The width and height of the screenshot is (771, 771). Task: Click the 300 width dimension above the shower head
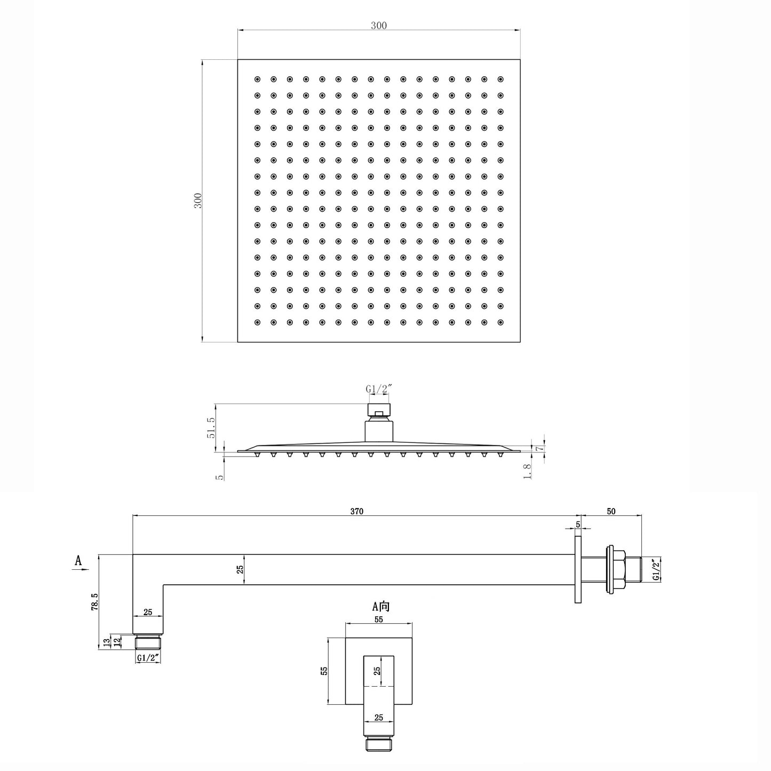coord(378,26)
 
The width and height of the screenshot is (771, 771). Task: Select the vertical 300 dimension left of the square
coord(198,201)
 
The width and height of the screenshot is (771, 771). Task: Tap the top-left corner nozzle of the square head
coord(257,79)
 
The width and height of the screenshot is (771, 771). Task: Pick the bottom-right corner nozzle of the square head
coord(500,322)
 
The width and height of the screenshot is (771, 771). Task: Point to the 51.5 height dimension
coord(211,428)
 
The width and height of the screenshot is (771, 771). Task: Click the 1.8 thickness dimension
coord(527,471)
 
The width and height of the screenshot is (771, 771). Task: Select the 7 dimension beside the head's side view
coord(540,449)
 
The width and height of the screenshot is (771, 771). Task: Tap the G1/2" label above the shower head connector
coord(378,388)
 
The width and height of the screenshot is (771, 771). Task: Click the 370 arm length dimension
coord(356,511)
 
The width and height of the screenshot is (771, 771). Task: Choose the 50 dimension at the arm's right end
coord(611,511)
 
